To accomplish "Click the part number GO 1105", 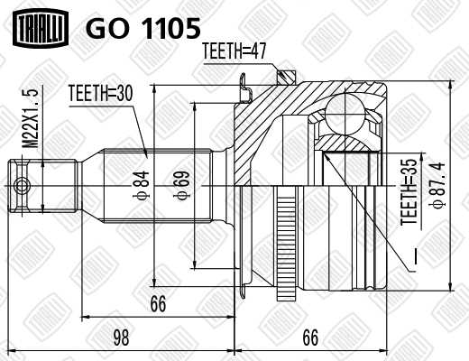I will [142, 29].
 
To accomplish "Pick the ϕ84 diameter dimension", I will [142, 186].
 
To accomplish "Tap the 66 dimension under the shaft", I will [159, 304].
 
